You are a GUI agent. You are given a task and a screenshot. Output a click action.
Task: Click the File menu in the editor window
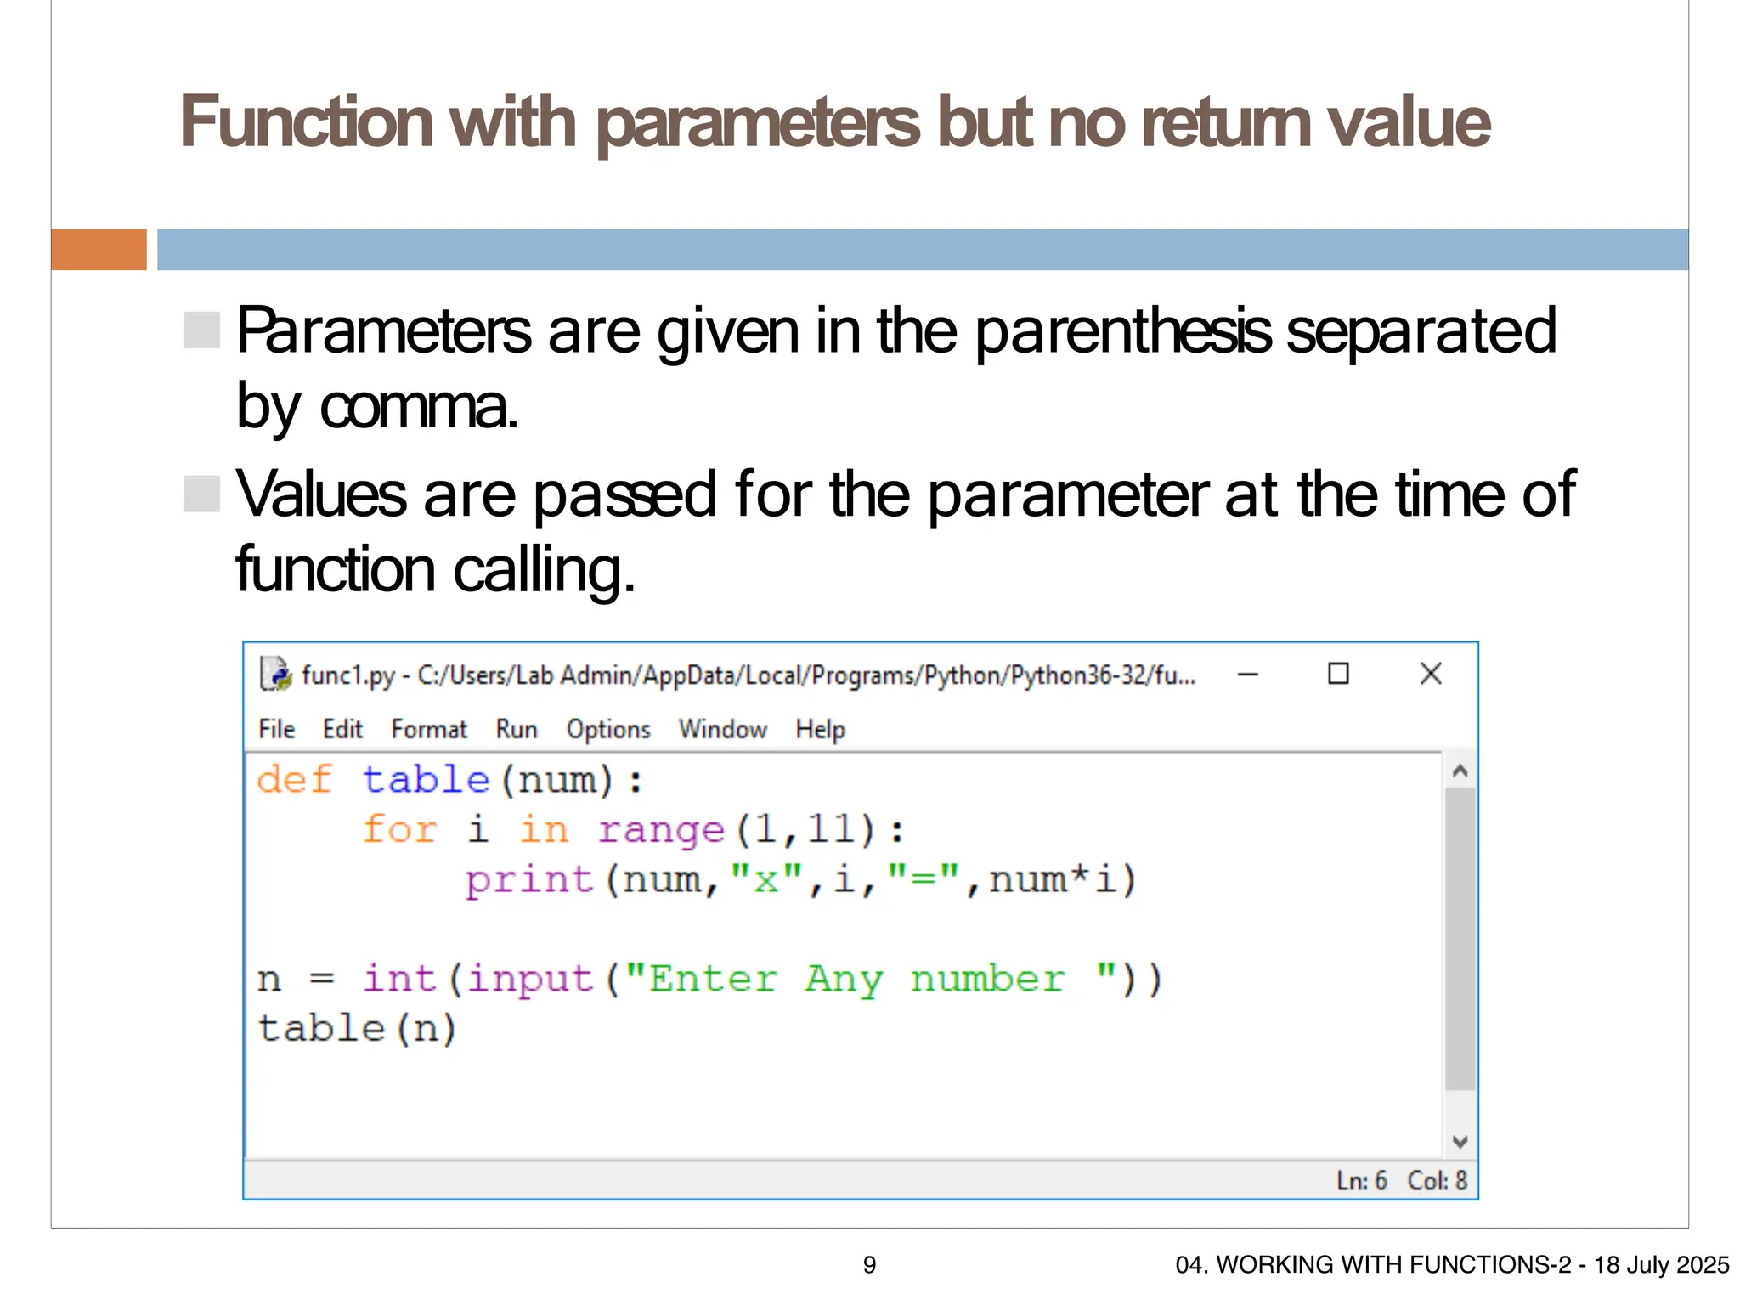(276, 729)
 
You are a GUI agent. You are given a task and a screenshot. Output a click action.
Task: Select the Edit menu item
(342, 729)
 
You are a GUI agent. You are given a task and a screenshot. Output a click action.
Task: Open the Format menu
(429, 729)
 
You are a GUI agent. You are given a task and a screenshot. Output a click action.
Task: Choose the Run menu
(517, 729)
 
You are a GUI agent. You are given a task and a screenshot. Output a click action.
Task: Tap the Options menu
(608, 729)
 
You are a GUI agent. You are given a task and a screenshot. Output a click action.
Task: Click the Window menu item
(722, 729)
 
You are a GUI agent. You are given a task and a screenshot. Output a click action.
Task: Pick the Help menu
(820, 729)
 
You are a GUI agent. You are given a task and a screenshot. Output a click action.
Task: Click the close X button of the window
(1431, 674)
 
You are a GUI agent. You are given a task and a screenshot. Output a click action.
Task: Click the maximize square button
(1338, 674)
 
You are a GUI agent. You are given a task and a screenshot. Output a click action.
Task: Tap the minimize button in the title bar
(1248, 675)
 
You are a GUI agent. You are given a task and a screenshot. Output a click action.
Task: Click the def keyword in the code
(294, 779)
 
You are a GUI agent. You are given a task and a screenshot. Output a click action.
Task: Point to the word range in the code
(661, 829)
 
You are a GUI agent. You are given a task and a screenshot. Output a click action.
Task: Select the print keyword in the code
(528, 879)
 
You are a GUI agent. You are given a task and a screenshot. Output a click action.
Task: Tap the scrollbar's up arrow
(1460, 771)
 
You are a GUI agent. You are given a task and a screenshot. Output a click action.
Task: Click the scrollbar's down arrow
(1460, 1141)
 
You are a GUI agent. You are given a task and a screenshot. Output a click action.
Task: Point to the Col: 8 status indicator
(1437, 1180)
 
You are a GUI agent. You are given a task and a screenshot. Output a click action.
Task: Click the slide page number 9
(869, 1265)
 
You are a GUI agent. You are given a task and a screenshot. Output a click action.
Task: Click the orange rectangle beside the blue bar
(99, 250)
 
